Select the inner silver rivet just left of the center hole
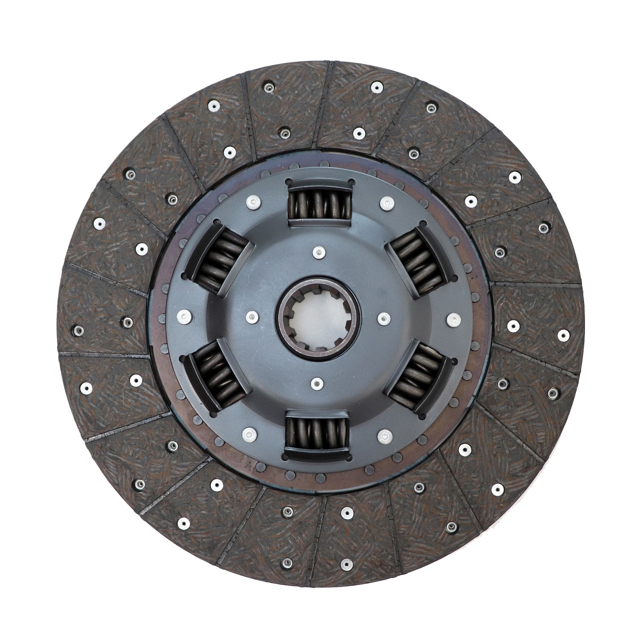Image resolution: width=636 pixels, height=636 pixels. (x=252, y=316)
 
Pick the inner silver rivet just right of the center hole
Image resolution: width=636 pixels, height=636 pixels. (x=384, y=318)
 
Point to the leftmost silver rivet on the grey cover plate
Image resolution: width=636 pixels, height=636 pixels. (x=184, y=315)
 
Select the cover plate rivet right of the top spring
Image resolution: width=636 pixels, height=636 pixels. (x=385, y=203)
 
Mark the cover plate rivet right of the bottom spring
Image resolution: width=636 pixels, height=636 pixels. (x=384, y=435)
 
